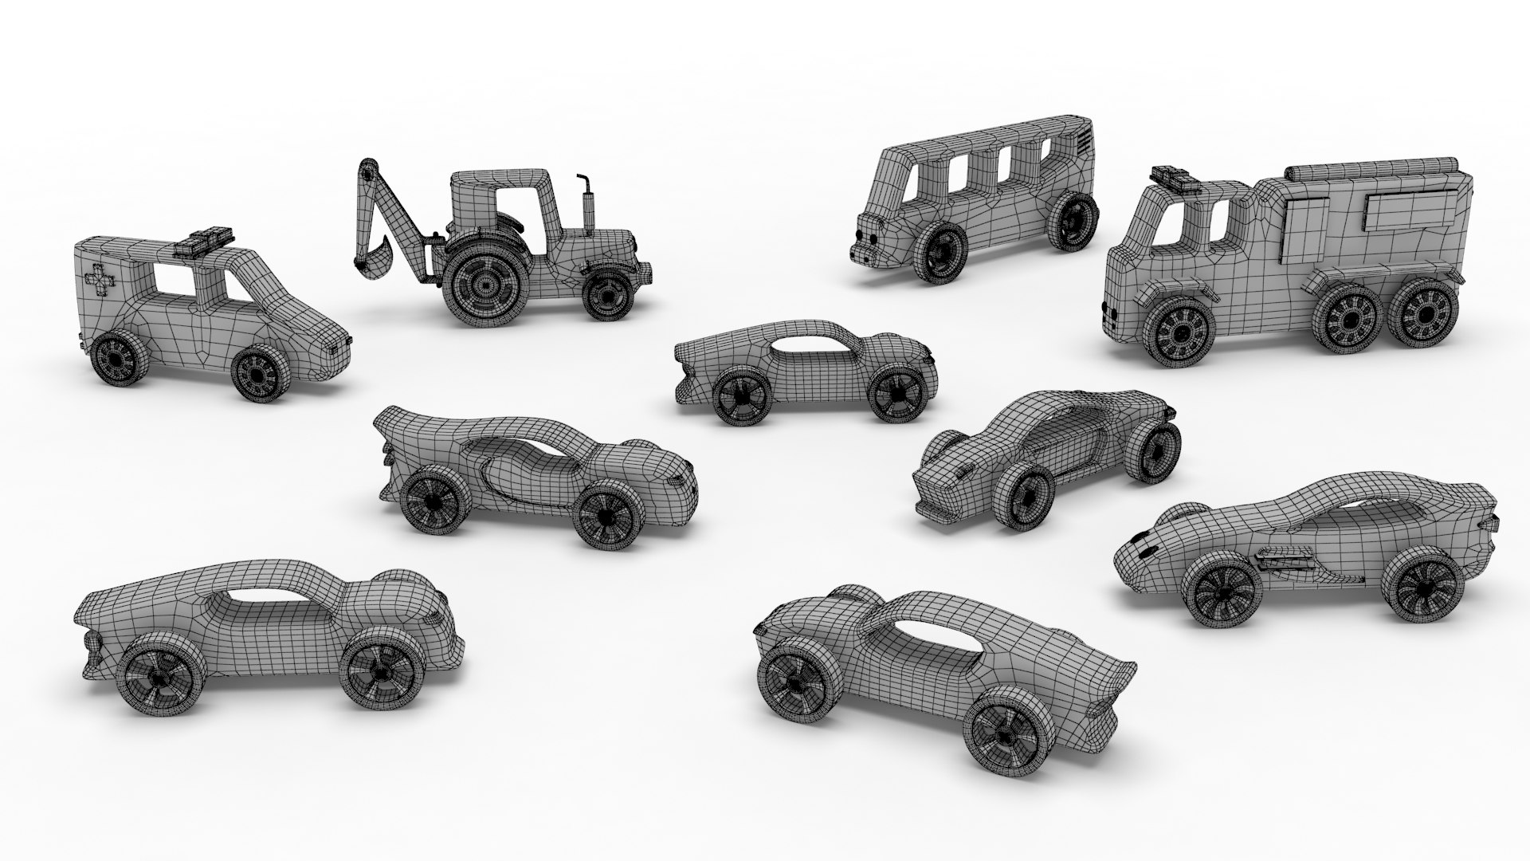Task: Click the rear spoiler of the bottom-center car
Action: pyautogui.click(x=1120, y=674)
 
